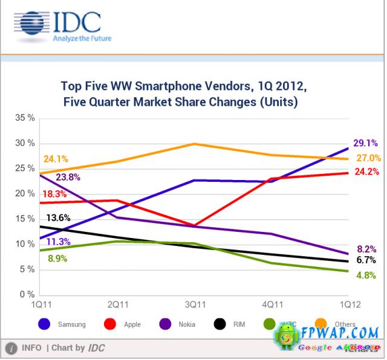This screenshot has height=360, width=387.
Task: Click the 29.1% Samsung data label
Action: tap(366, 144)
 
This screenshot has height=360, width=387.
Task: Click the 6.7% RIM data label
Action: tap(366, 260)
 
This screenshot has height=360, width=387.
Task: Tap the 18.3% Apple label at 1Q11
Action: tap(55, 194)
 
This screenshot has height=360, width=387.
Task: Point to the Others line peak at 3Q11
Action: tap(193, 144)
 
